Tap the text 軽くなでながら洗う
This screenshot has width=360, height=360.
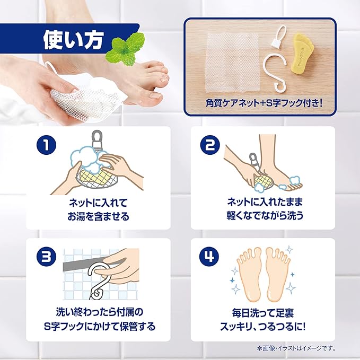(263, 216)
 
